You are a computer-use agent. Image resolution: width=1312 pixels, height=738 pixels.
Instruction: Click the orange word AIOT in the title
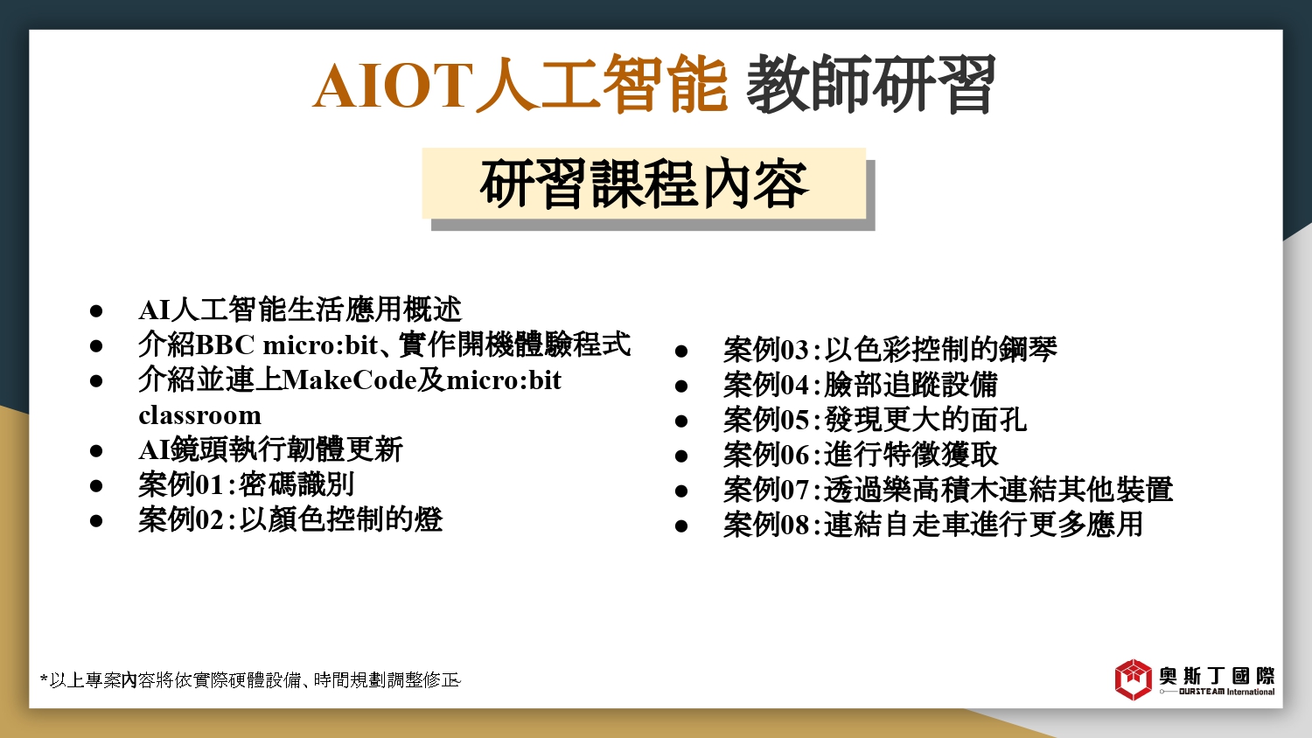pos(393,86)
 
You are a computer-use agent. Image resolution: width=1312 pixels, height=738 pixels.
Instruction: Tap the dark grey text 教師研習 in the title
pos(871,83)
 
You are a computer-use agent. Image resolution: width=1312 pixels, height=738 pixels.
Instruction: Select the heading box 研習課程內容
pos(645,184)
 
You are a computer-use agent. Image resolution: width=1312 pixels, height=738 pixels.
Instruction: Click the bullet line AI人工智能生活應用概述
pos(301,310)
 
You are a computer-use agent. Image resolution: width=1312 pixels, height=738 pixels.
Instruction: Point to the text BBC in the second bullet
pos(225,345)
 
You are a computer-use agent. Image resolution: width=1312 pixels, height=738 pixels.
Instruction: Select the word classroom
pos(199,415)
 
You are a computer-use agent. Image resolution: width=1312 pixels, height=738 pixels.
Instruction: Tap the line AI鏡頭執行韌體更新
pos(270,449)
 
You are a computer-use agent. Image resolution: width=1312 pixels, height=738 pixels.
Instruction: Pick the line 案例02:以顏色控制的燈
pos(290,519)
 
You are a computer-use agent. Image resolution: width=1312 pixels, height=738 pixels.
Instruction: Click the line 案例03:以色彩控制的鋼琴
pos(890,350)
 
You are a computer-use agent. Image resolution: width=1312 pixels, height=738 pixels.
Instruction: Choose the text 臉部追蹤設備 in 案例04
pos(911,385)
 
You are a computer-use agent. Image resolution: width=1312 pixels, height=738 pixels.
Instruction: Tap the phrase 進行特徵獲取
pos(911,455)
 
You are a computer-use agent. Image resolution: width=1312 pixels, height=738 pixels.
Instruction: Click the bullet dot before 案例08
pos(681,526)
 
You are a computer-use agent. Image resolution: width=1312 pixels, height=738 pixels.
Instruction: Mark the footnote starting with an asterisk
pos(250,680)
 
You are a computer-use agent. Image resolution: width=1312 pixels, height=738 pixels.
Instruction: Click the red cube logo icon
pos(1134,679)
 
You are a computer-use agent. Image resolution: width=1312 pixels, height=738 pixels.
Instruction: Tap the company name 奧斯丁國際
pos(1217,676)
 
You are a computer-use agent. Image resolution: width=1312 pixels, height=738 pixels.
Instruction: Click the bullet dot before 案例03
pos(681,352)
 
